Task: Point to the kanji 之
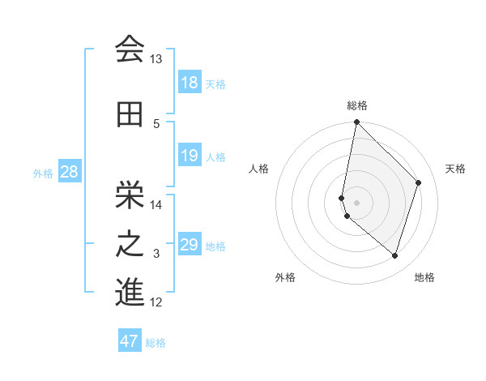pos(130,244)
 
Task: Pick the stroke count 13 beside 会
pos(156,59)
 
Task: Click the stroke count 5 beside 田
pos(157,123)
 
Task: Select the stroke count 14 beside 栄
pos(156,204)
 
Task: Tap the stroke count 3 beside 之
pos(157,254)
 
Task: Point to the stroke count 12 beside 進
pos(156,302)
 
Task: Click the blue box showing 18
pos(190,83)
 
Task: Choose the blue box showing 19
pos(190,156)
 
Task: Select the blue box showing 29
pos(190,245)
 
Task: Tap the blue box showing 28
pos(68,172)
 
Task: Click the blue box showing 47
pos(130,341)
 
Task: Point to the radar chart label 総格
pos(357,105)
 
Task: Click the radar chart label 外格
pos(285,277)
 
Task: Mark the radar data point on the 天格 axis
pos(419,182)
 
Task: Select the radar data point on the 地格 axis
pos(394,256)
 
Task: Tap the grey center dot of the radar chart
pos(357,202)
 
